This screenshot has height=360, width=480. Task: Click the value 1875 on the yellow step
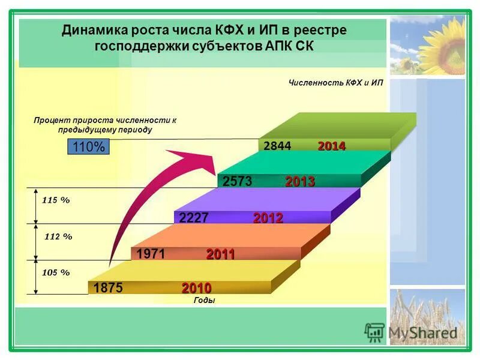(108, 288)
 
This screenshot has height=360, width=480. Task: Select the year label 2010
(197, 288)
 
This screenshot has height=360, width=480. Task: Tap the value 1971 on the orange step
(150, 254)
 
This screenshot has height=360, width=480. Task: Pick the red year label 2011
(220, 254)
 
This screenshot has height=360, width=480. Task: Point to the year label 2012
(268, 218)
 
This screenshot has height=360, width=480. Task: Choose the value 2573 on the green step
(238, 181)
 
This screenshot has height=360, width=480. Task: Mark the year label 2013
(300, 181)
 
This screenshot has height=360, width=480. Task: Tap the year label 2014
(332, 146)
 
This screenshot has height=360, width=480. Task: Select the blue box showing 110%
(88, 146)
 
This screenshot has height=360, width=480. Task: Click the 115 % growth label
(56, 200)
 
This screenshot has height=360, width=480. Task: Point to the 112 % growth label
(58, 236)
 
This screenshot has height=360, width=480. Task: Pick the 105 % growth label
(56, 272)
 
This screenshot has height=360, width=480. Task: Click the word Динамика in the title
(94, 30)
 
